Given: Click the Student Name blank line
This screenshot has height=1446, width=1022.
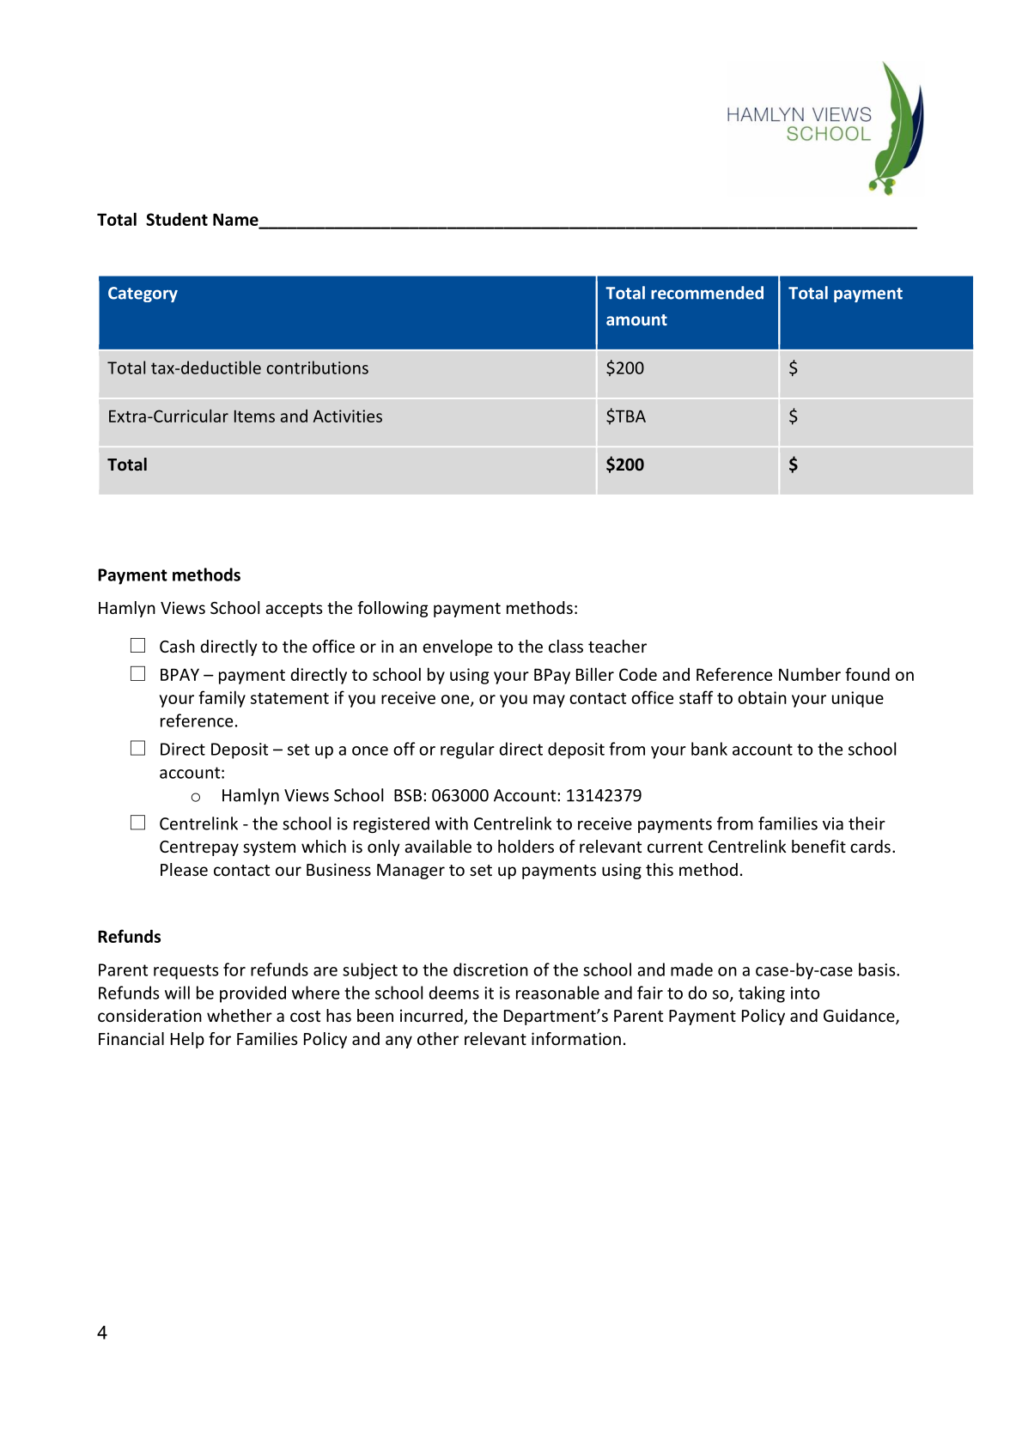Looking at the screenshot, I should [587, 222].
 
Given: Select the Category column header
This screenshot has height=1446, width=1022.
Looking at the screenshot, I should [143, 294].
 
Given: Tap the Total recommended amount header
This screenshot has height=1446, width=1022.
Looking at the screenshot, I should [684, 307].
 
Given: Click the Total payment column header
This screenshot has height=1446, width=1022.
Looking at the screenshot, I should [845, 294].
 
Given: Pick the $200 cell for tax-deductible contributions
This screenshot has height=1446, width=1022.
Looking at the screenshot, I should [625, 368].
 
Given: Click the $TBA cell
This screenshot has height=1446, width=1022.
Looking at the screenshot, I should [626, 416].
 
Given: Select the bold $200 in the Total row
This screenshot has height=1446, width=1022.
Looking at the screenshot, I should [625, 465].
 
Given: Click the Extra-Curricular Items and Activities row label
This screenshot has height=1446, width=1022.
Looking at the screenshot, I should [245, 416].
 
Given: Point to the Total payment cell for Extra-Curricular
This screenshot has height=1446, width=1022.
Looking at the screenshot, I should [875, 417].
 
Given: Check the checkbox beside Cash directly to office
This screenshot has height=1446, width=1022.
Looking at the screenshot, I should [138, 646].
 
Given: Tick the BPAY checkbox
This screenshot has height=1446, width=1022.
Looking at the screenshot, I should [138, 674].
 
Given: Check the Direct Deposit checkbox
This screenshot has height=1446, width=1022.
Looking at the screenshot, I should [138, 749].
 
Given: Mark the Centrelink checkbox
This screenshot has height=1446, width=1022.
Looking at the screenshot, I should [138, 823].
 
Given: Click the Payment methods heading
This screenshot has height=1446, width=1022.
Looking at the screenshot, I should [169, 575].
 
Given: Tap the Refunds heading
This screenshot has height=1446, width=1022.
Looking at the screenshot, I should [130, 937].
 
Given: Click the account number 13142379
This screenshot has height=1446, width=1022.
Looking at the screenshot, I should [604, 796].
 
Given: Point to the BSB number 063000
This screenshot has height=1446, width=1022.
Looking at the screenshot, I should [459, 796].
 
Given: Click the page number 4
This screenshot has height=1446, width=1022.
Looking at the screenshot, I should [102, 1333].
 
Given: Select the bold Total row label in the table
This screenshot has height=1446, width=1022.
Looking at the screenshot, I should [128, 465].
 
